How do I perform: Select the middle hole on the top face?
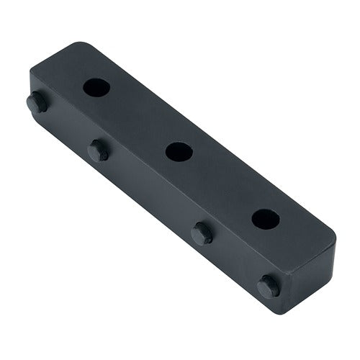coord(177,151)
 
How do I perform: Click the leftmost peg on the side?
coord(37,102)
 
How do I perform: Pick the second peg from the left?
coord(99,150)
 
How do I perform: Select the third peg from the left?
coord(202,233)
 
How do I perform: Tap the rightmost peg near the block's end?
coord(269,286)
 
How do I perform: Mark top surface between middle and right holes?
coord(221,184)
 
